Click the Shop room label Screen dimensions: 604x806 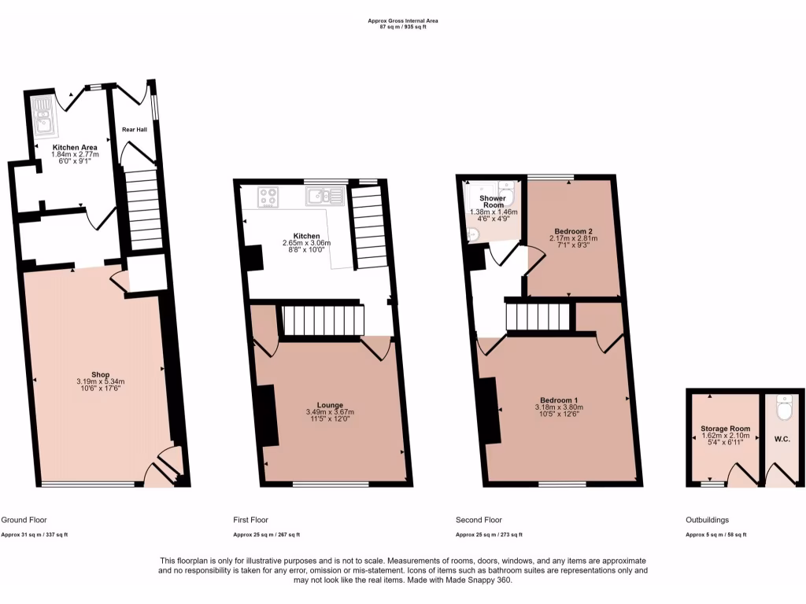99,374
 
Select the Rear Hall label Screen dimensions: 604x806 134,129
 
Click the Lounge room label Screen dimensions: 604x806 330,405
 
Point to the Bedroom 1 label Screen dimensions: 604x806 558,400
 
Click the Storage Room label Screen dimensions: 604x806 725,429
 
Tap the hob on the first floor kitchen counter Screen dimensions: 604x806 268,197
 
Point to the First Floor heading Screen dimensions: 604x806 250,520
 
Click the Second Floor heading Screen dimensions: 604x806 479,520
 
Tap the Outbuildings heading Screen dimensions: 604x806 708,520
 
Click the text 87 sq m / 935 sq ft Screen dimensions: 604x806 402,26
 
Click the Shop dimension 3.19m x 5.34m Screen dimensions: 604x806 99,382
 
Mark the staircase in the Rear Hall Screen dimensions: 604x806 142,208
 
